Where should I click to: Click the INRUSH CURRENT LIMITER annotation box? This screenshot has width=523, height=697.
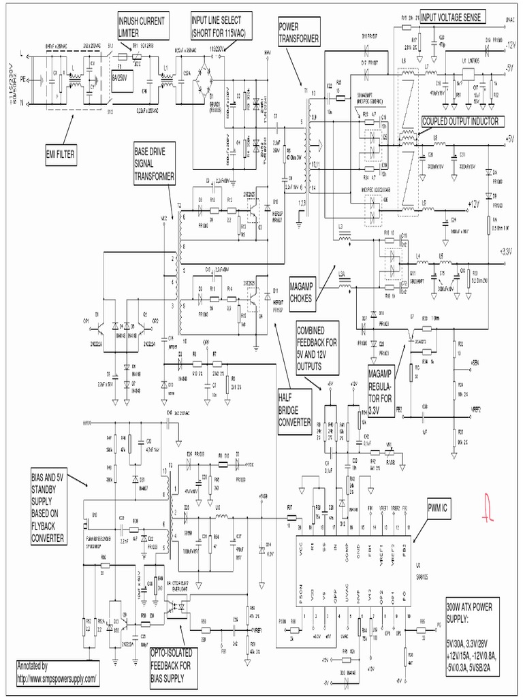(141, 25)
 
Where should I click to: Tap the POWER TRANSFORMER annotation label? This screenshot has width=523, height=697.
(298, 32)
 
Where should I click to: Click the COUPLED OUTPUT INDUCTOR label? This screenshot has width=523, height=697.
(460, 121)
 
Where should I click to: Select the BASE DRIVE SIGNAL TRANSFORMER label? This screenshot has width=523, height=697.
(155, 163)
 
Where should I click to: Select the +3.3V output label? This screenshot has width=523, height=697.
(505, 251)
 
